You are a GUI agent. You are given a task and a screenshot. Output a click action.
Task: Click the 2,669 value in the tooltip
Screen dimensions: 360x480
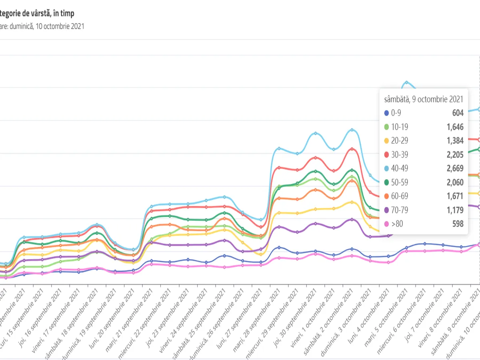coord(455,168)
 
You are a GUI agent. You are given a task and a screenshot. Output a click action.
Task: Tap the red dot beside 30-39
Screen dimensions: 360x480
coord(386,155)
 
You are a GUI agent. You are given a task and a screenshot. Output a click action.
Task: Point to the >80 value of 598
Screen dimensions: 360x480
coord(457,224)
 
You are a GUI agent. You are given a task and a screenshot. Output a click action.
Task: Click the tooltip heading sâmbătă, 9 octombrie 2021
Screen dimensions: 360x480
coord(423,99)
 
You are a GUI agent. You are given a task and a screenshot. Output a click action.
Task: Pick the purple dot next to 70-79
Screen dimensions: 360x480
coord(386,210)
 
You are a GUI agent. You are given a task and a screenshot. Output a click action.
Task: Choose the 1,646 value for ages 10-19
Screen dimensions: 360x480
coord(455,127)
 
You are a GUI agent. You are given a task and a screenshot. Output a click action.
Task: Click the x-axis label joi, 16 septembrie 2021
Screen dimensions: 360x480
coord(39,320)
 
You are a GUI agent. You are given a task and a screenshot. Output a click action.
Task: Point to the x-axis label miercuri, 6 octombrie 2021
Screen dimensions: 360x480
coord(400,320)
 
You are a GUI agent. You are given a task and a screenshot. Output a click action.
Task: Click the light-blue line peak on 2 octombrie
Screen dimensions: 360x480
coord(352,130)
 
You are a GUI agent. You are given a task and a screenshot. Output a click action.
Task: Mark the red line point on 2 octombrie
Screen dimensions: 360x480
coord(352,149)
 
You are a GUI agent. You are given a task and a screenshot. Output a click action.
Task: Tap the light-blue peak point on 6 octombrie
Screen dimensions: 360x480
coord(406,82)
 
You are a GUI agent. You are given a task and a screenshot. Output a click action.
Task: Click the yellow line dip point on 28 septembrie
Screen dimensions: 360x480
coord(261,254)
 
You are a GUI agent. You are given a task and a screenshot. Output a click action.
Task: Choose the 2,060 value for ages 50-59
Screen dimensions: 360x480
coord(455,182)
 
